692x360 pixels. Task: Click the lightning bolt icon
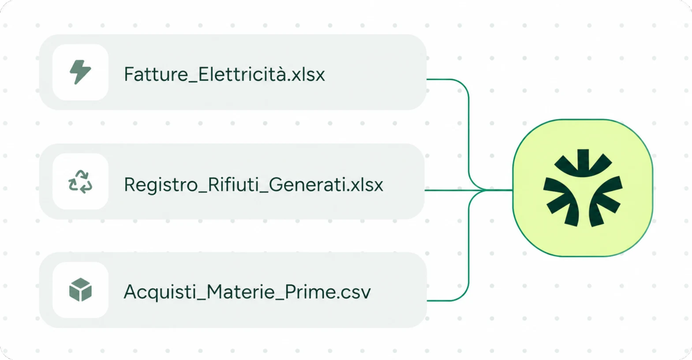point(80,72)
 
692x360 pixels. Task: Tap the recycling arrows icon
point(80,182)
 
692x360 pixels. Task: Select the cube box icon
point(80,289)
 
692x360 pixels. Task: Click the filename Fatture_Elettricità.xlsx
point(224,74)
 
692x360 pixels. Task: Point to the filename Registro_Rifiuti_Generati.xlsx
point(254,185)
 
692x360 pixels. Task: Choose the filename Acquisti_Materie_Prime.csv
point(247,292)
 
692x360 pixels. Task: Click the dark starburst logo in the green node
point(583,188)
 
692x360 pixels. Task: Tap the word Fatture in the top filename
point(156,74)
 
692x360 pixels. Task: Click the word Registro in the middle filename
point(161,185)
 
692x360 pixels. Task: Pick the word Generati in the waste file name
point(308,185)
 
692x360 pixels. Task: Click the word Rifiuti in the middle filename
point(233,185)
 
